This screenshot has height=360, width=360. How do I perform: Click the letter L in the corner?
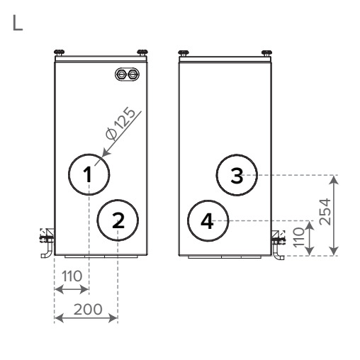(17, 23)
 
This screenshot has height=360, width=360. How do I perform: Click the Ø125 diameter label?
(120, 123)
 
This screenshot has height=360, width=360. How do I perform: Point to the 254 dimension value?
(325, 212)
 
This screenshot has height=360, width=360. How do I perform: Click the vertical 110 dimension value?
(299, 237)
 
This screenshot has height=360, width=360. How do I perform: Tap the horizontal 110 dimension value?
(72, 276)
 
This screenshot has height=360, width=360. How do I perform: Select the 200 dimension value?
(88, 310)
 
